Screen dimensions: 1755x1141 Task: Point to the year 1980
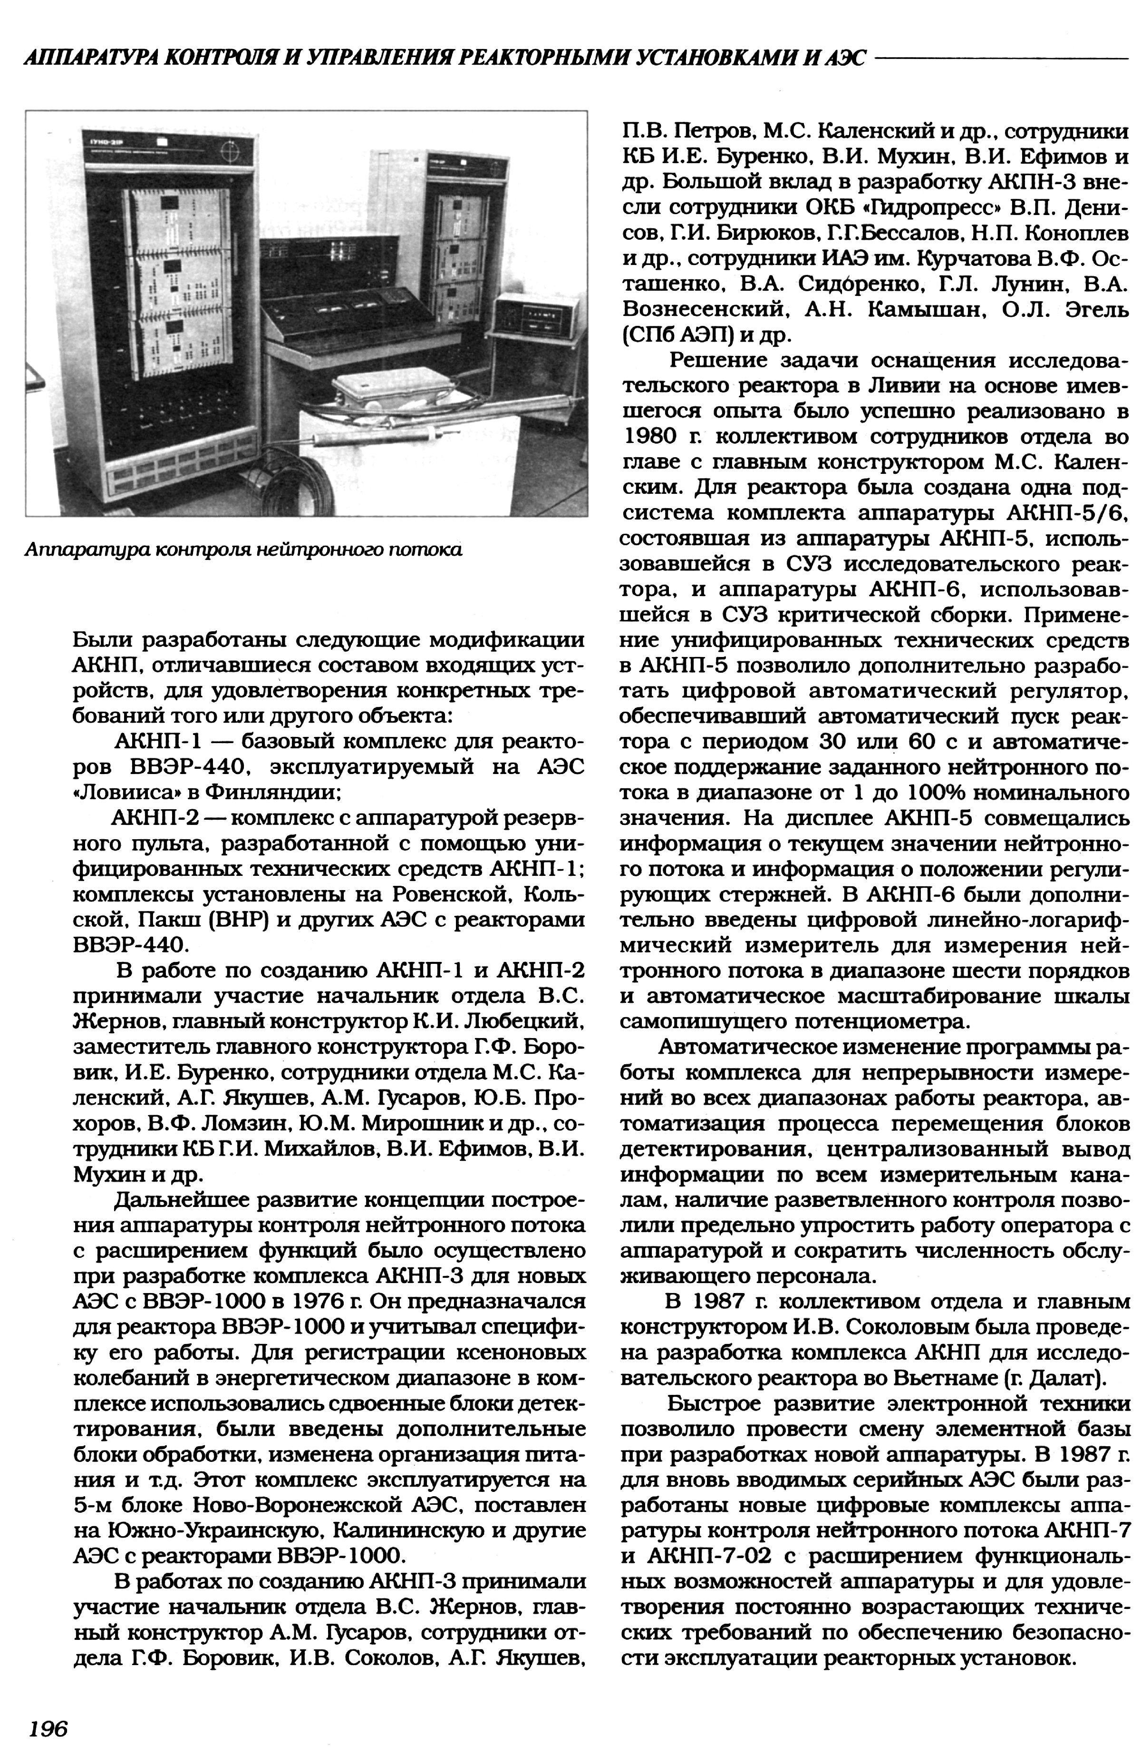click(x=652, y=437)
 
